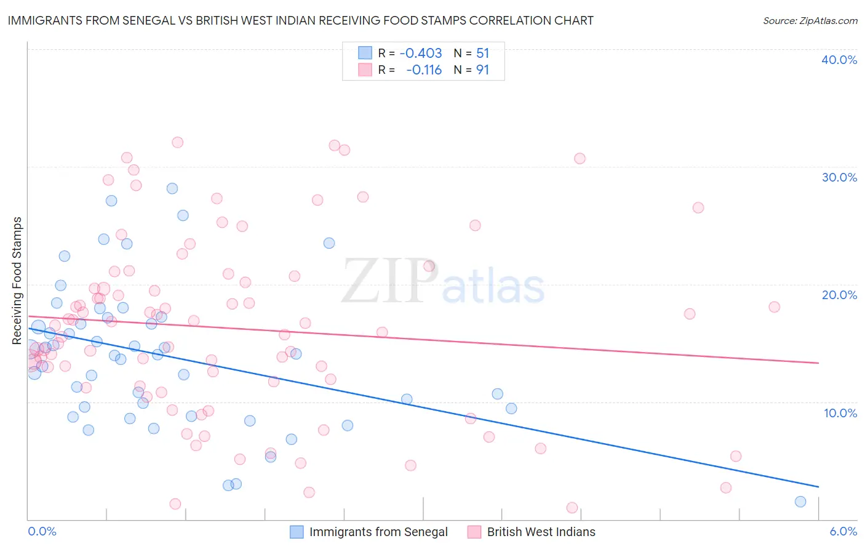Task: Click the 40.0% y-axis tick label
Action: pos(839,60)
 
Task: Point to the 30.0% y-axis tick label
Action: pos(839,177)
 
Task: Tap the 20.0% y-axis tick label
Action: pos(839,295)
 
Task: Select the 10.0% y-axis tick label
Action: pos(840,413)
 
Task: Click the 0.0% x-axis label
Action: pos(42,531)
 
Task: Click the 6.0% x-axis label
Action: pos(843,531)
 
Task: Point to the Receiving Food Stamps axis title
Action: pos(17,281)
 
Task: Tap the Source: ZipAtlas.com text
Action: pos(810,21)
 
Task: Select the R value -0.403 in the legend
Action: pos(421,54)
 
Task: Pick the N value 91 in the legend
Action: pos(482,70)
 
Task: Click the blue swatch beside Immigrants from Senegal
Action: pos(297,532)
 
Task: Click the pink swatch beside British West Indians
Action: pos(474,532)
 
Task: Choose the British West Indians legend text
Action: pos(541,532)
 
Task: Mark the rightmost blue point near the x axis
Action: pos(800,502)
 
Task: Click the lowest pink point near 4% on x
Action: pos(572,508)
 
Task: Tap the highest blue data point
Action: pos(172,188)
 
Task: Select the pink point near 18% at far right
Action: pos(774,307)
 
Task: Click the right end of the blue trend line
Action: pos(818,487)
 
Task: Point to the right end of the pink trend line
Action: pos(818,363)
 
